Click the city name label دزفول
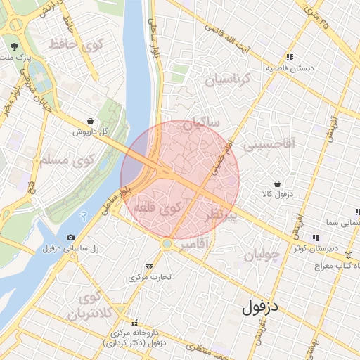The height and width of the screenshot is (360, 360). point(261,307)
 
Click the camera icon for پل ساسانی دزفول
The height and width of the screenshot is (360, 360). point(70,238)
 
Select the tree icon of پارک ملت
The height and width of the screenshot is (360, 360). point(14,46)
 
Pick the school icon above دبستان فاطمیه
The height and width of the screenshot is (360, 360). point(289,58)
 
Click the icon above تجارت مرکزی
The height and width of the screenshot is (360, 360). point(149,266)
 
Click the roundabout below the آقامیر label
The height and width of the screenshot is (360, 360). point(167,243)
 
